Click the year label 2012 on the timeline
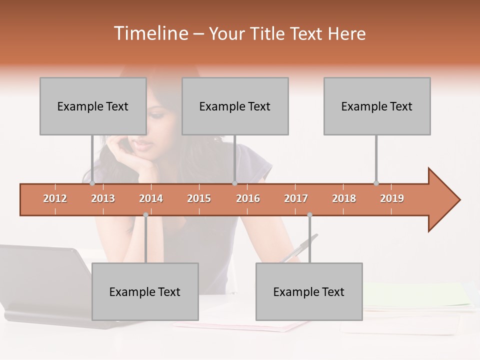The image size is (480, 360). coord(55,198)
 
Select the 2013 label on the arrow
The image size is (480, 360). coord(103,198)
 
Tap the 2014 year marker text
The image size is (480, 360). coord(151,198)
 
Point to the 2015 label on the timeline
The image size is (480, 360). coord(199,198)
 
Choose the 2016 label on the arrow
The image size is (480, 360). coord(248,198)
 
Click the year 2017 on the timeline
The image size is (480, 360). coord(296,198)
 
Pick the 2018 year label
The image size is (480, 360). coord(344,198)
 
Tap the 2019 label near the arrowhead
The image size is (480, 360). coord(392,198)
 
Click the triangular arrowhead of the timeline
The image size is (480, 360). coord(443,199)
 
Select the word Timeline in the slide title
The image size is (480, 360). coord(150,33)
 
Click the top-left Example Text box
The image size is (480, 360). coord(93,106)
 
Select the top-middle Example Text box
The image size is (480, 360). coord(235,106)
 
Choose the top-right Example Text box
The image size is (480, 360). coord(377,106)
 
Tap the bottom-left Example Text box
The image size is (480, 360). coord(145,291)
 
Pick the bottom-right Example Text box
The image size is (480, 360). coord(309,291)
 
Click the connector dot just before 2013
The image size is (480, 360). coord(92,183)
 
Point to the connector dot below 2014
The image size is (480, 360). coord(145,215)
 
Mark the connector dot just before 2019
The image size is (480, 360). coord(376,183)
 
